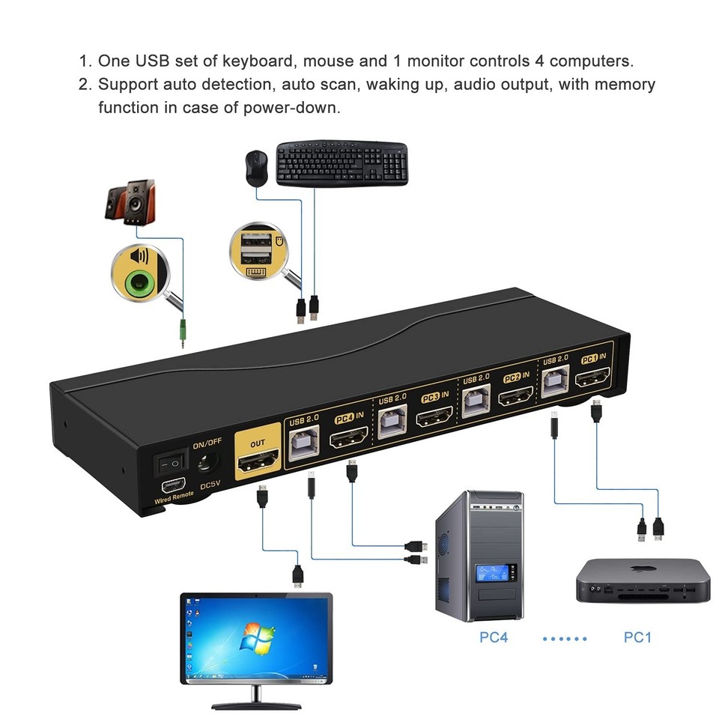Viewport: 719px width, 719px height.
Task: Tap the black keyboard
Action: (x=342, y=163)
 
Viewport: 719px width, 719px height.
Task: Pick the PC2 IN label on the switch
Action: (x=516, y=377)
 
